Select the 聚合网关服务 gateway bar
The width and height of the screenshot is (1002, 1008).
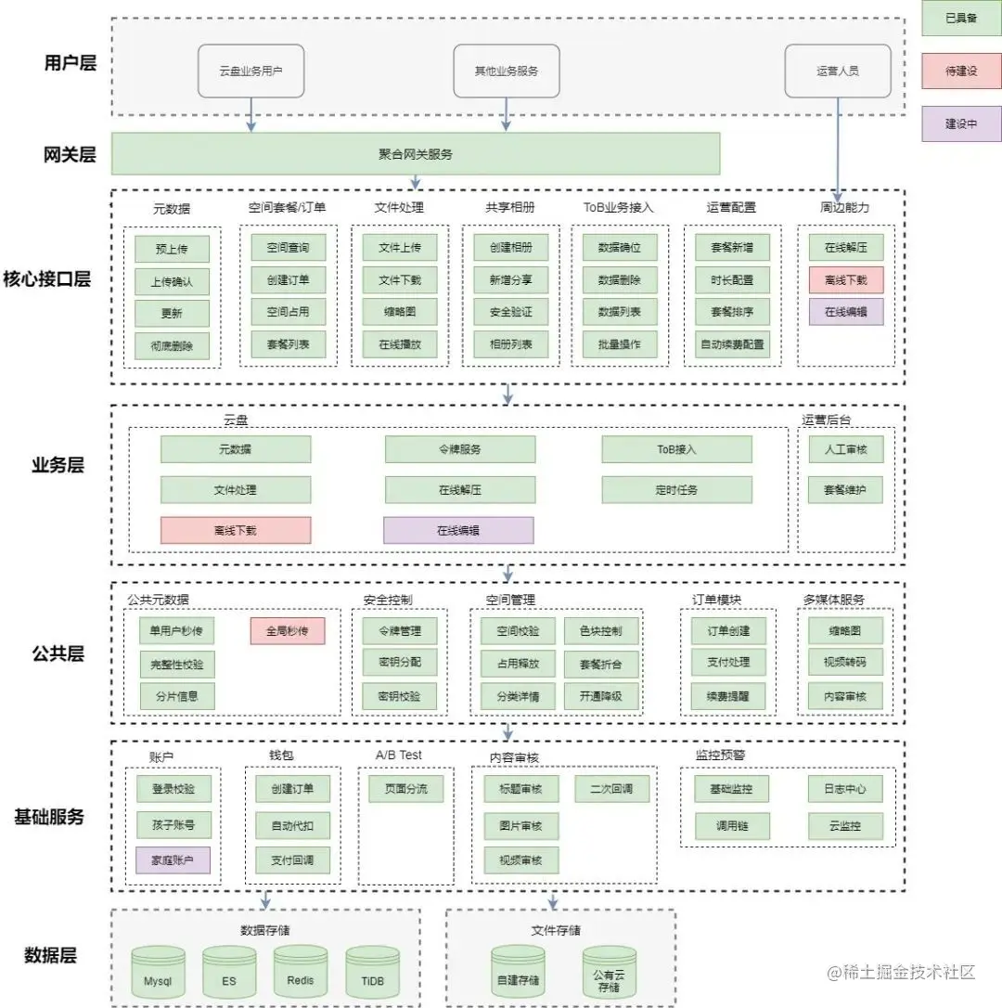[x=416, y=154]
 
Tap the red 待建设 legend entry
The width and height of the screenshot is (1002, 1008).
[x=961, y=71]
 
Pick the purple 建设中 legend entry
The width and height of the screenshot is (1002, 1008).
[x=961, y=123]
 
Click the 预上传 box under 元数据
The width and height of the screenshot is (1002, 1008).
[x=172, y=249]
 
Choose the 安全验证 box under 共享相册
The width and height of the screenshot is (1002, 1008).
[x=510, y=312]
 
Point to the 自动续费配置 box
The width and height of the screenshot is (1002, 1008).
[x=732, y=344]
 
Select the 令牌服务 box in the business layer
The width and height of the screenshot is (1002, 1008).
[x=460, y=449]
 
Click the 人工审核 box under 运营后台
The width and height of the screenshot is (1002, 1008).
[x=846, y=449]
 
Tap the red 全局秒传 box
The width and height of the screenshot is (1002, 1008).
[x=288, y=631]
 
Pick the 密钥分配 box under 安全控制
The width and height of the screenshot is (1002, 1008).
[x=399, y=663]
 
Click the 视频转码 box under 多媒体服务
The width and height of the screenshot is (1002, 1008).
[x=846, y=663]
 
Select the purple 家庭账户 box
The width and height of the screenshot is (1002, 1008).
[x=173, y=860]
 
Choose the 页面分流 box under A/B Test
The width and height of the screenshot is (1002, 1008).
[x=399, y=789]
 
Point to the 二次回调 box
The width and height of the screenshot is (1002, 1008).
[x=611, y=789]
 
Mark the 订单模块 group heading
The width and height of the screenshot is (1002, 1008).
[x=717, y=600]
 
